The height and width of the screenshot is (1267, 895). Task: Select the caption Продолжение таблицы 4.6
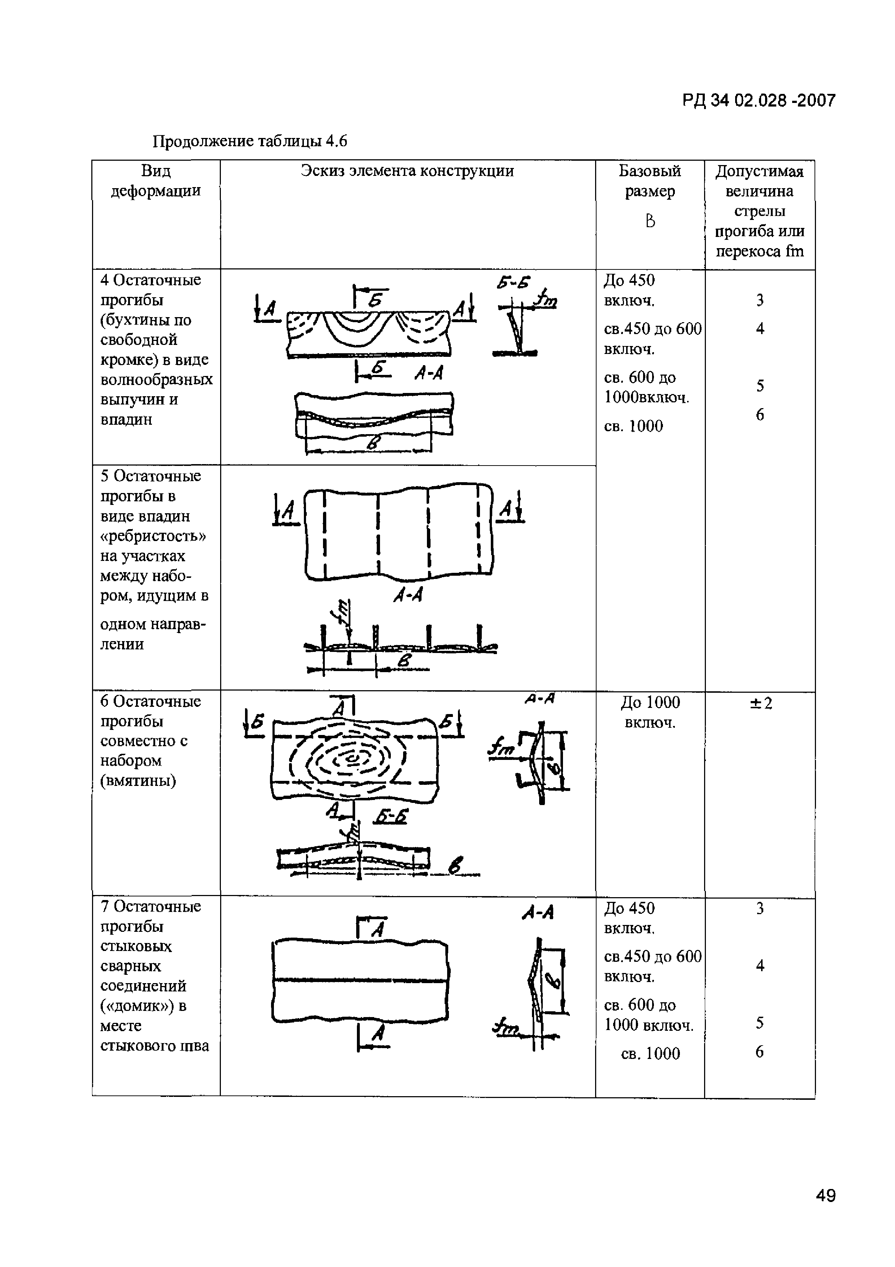(x=249, y=142)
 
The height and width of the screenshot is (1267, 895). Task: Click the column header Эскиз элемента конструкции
(x=407, y=171)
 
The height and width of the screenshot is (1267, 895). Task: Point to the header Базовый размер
(x=650, y=181)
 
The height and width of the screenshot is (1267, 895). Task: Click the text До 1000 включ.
(x=650, y=712)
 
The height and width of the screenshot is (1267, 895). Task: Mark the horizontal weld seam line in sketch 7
(x=359, y=981)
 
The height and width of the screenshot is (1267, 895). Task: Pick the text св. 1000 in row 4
(x=633, y=426)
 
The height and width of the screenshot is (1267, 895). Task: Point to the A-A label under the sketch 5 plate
(x=407, y=594)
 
